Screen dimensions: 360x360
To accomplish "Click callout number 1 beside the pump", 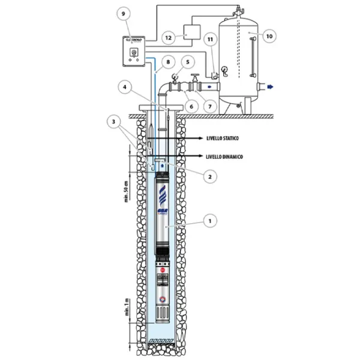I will click(209, 221).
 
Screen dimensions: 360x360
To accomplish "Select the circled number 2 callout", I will click(209, 177).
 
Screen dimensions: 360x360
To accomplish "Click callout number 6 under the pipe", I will click(193, 106).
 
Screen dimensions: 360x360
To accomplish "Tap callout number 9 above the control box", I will click(124, 13).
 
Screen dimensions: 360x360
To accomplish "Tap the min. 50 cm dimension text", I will click(127, 190).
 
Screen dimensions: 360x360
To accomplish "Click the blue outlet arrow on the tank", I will click(270, 87).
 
